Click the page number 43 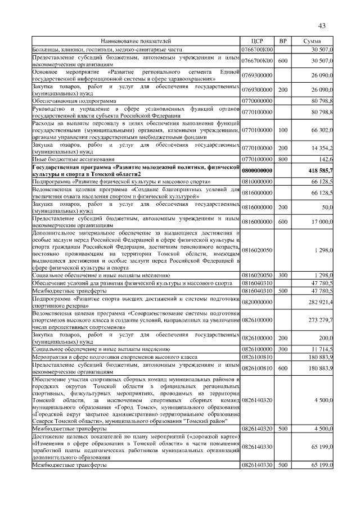click(322, 25)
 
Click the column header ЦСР click(257, 41)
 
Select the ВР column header click(283, 41)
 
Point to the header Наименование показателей click(136, 41)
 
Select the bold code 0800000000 click(257, 171)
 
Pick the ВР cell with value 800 click(283, 159)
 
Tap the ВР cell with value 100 click(283, 130)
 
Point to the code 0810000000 click(257, 182)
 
